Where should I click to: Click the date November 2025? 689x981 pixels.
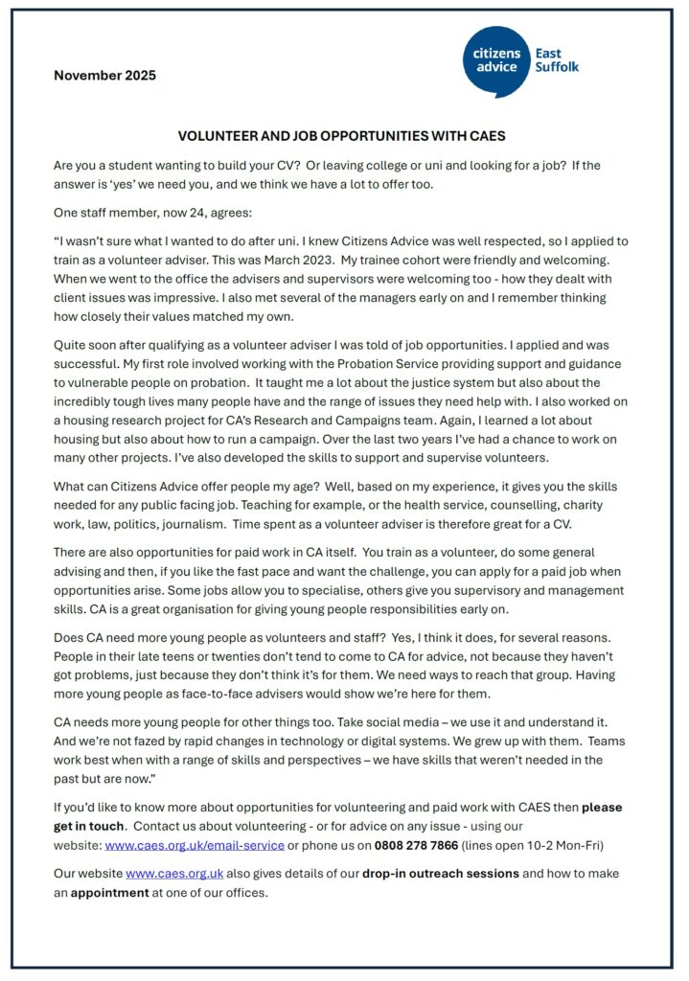click(104, 76)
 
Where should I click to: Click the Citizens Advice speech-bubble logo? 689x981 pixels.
click(496, 60)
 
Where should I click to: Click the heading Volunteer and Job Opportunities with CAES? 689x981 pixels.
click(342, 136)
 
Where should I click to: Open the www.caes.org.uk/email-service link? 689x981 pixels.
click(195, 845)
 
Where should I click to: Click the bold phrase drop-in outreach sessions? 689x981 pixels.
click(441, 875)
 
